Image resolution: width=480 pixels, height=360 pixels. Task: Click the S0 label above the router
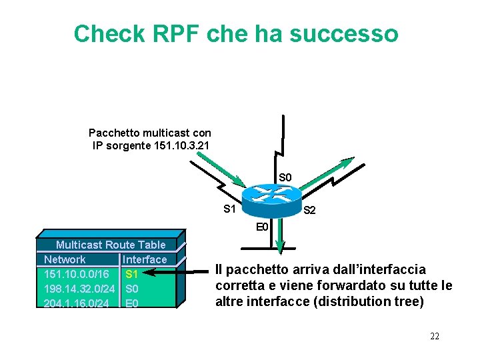pyautogui.click(x=285, y=177)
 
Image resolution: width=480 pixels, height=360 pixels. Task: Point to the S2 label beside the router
pyautogui.click(x=309, y=211)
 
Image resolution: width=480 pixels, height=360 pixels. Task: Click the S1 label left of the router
pyautogui.click(x=229, y=209)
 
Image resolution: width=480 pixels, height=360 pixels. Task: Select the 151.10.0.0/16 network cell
pyautogui.click(x=77, y=274)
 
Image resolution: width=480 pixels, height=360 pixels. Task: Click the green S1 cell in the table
pyautogui.click(x=131, y=274)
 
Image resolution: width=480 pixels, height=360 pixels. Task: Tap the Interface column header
pyautogui.click(x=145, y=259)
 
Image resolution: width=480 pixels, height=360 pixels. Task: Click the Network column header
pyautogui.click(x=65, y=259)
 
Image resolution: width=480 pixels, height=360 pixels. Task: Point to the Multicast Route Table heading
pyautogui.click(x=111, y=245)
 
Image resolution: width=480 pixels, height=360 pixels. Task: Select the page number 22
pyautogui.click(x=434, y=336)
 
